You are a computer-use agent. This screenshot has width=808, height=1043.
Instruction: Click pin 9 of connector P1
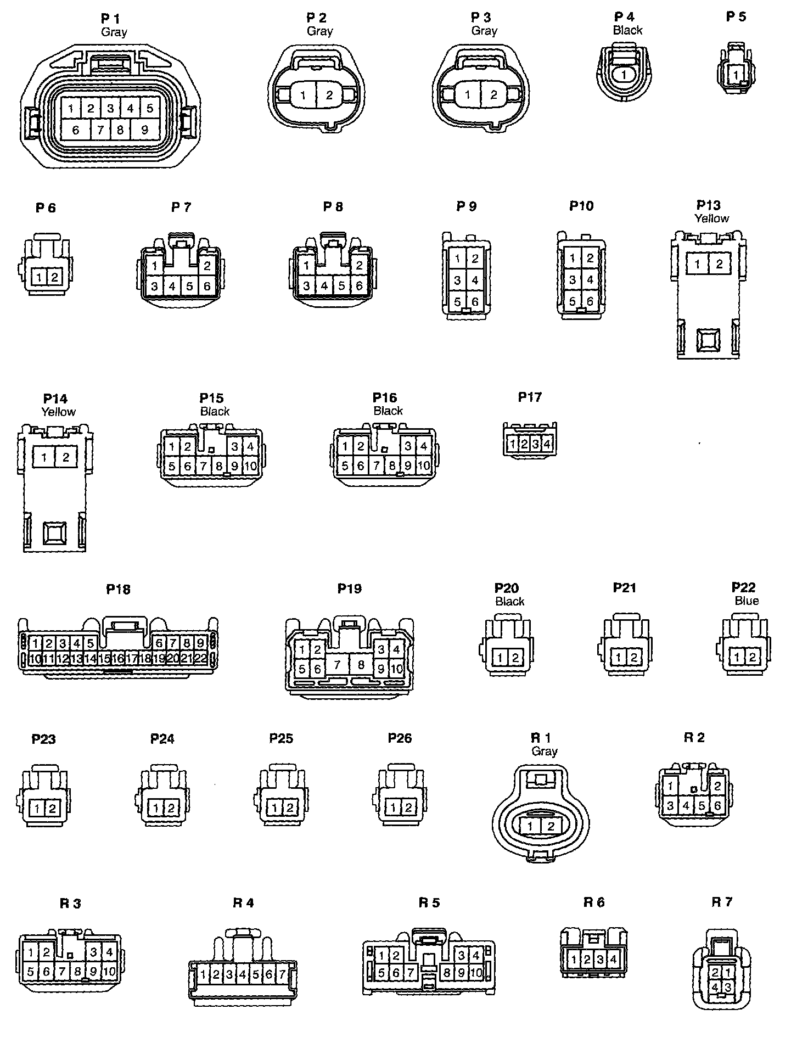click(144, 130)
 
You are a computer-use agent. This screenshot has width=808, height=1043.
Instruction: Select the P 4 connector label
click(624, 17)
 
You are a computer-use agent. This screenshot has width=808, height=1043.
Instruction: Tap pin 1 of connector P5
click(736, 74)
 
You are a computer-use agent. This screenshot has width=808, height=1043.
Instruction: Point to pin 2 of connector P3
click(493, 95)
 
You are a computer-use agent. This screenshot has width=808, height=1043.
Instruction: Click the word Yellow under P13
click(712, 218)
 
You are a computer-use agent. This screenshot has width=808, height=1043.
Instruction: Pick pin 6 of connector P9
click(475, 301)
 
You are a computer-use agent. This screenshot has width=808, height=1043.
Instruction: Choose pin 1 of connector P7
click(155, 266)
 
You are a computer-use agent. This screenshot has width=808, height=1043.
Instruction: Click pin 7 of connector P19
click(338, 665)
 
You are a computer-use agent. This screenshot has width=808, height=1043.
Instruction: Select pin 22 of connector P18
click(200, 658)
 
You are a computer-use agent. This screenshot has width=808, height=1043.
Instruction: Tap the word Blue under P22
click(747, 601)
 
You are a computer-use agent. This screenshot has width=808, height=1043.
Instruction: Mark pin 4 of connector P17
click(547, 444)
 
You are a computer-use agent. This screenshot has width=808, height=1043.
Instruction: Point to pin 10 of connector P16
click(423, 466)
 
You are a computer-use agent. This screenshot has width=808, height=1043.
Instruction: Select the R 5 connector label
click(429, 902)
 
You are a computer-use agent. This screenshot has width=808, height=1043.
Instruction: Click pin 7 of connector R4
click(282, 975)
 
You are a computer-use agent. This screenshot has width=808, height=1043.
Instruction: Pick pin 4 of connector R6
click(613, 960)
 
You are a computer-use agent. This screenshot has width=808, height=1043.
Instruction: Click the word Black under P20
click(510, 602)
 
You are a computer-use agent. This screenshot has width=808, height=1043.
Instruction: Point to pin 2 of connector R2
click(717, 787)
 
